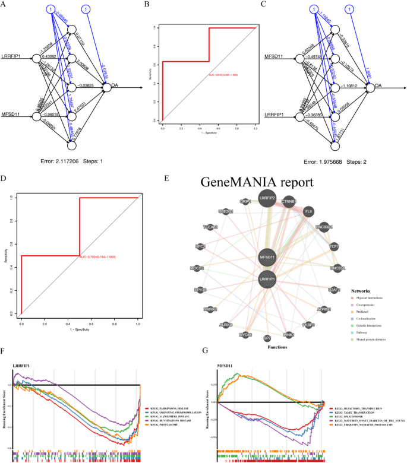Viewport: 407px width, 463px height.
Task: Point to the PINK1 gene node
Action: coord(289,335)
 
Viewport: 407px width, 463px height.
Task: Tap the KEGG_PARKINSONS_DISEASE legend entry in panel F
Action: coord(172,409)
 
